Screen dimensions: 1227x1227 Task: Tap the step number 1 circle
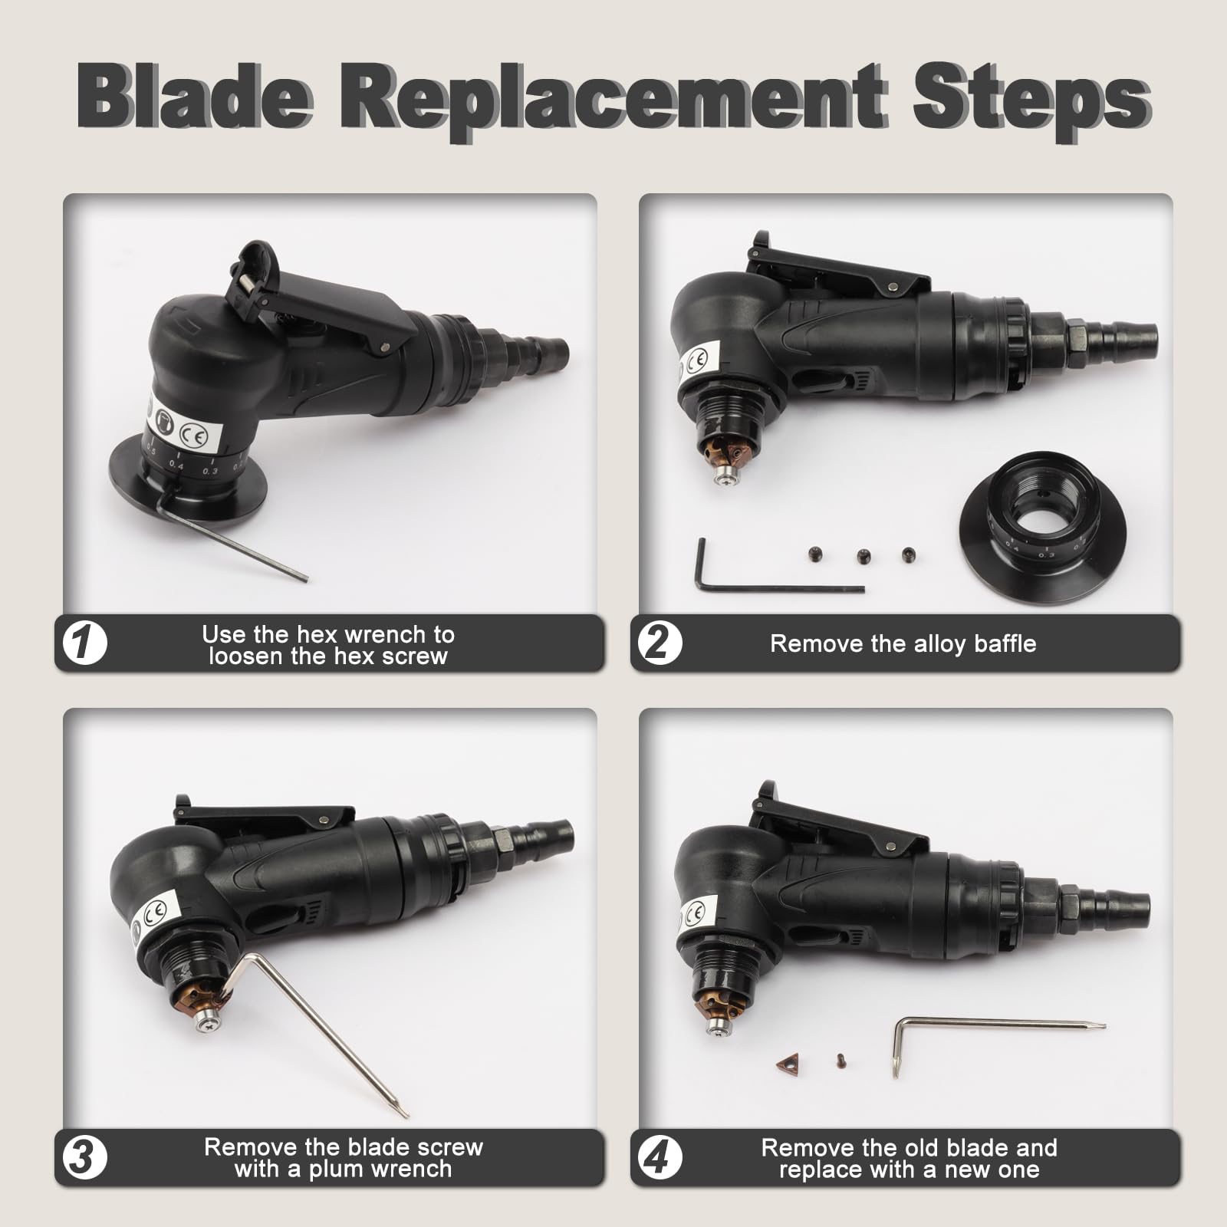(x=84, y=643)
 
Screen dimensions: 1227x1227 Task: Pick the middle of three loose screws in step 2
(x=863, y=554)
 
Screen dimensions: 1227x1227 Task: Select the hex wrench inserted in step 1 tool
(x=230, y=541)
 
